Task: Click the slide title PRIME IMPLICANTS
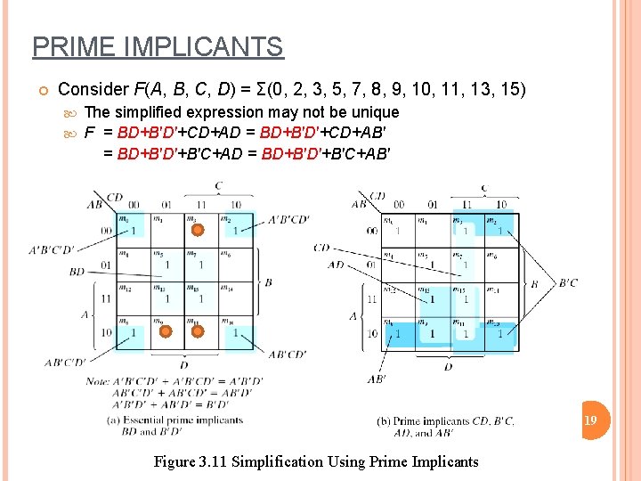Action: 158,46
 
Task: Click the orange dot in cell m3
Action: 198,231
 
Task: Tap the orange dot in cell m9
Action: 165,332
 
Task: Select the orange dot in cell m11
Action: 198,332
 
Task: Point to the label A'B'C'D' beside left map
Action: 52,249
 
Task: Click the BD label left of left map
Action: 77,272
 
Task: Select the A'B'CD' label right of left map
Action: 288,220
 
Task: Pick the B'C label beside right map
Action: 567,283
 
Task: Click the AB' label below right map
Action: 376,379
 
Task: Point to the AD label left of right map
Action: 336,265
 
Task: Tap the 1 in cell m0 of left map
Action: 133,231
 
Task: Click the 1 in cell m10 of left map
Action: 236,332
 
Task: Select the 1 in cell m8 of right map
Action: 397,334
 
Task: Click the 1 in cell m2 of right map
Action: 500,231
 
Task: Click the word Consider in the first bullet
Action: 93,89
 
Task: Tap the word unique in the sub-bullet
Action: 375,112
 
